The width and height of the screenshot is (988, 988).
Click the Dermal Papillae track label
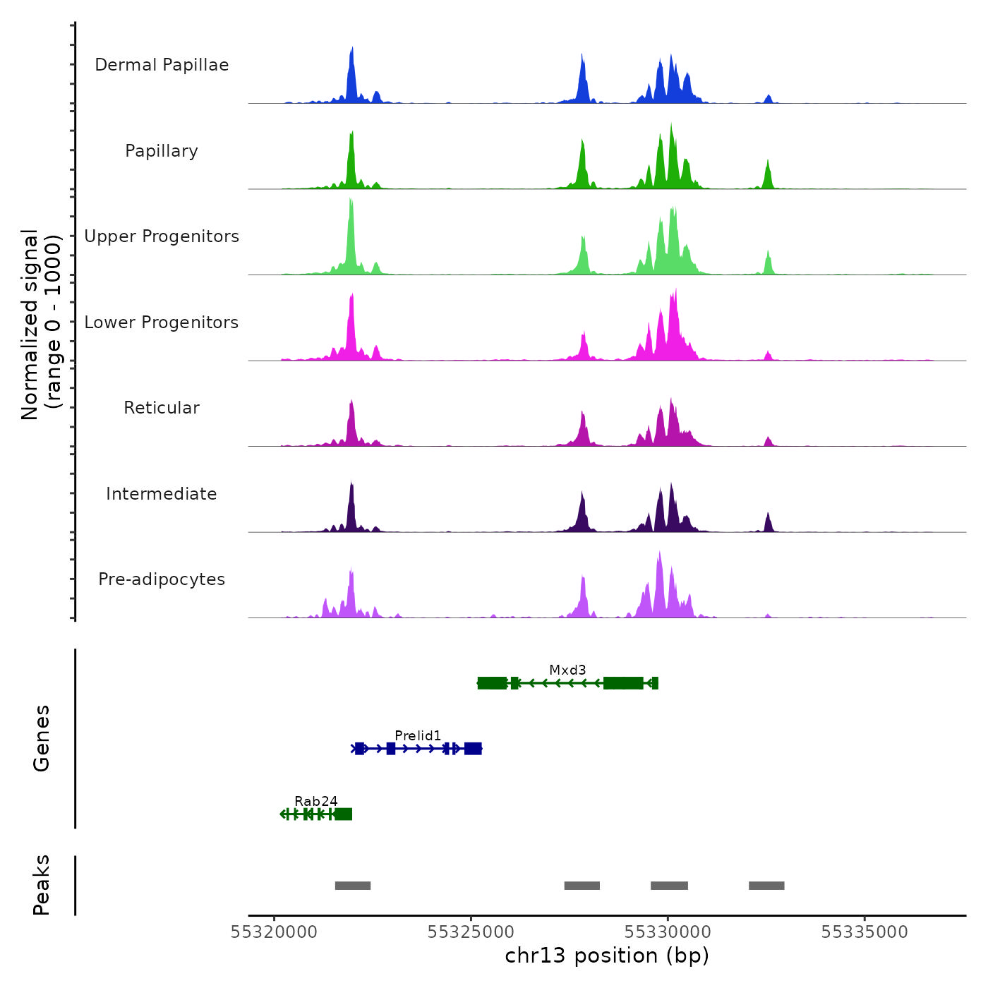pyautogui.click(x=162, y=65)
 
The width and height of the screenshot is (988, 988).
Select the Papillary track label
pyautogui.click(x=162, y=151)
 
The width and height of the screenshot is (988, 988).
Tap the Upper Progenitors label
pyautogui.click(x=162, y=236)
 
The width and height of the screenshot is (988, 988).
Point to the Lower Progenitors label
pyautogui.click(x=162, y=323)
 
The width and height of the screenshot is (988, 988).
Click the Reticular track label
pyautogui.click(x=162, y=408)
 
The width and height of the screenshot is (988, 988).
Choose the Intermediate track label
pyautogui.click(x=162, y=494)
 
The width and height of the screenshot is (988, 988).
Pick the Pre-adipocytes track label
pyautogui.click(x=162, y=579)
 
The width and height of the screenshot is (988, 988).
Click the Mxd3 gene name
pyautogui.click(x=567, y=670)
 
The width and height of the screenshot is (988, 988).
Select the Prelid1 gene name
pyautogui.click(x=418, y=735)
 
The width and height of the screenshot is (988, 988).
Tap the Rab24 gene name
pyautogui.click(x=316, y=801)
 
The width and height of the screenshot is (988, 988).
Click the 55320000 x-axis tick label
pyautogui.click(x=275, y=932)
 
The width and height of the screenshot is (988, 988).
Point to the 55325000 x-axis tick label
pyautogui.click(x=471, y=932)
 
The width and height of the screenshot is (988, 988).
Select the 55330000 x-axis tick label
pyautogui.click(x=668, y=932)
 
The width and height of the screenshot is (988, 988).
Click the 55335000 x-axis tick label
pyautogui.click(x=864, y=932)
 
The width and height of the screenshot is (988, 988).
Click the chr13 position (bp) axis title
pyautogui.click(x=607, y=956)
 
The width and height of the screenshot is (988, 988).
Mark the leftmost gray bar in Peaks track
pyautogui.click(x=353, y=886)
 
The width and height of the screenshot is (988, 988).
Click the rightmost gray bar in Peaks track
pyautogui.click(x=766, y=886)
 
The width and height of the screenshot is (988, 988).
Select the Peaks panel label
pyautogui.click(x=42, y=885)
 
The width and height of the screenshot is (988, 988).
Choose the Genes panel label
pyautogui.click(x=42, y=738)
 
